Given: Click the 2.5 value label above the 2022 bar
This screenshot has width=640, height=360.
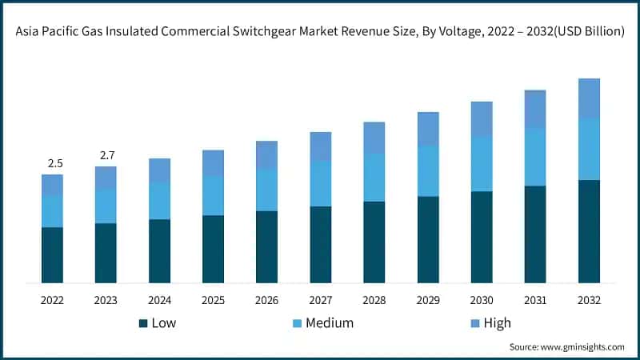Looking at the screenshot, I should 55,163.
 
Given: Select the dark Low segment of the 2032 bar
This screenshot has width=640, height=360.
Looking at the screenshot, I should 590,231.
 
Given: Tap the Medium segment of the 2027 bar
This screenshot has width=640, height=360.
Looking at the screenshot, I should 321,183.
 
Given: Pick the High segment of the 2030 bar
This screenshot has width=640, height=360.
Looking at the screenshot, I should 482,119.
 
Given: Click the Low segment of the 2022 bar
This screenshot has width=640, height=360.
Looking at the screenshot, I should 53,254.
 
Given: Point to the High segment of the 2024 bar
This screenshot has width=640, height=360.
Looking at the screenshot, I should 160,170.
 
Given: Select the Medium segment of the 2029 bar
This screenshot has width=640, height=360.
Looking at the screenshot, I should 428,171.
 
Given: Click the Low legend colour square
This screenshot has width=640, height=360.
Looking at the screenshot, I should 143,323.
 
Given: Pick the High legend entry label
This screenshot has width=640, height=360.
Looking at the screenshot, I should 497,323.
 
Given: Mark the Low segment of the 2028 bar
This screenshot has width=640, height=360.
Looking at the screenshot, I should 374,242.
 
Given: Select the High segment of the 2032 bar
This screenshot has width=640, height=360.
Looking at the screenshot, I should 590,98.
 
